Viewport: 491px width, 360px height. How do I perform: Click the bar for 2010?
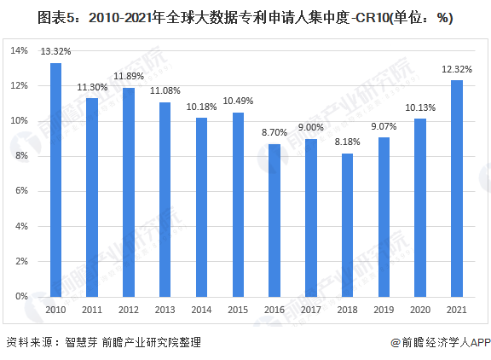tap(55, 180)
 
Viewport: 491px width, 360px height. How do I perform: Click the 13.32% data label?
tap(55, 52)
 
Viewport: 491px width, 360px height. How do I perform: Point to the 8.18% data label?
tap(347, 142)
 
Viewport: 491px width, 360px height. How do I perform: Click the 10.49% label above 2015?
tap(238, 102)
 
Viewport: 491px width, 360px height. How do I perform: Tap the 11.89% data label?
tap(129, 77)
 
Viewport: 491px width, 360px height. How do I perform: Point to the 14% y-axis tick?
tap(20, 51)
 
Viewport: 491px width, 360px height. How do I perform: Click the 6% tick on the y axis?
tap(22, 191)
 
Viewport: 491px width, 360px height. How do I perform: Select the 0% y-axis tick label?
tap(22, 296)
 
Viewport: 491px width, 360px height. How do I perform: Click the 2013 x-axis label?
tap(165, 310)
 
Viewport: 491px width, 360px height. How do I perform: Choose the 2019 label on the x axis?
tap(384, 310)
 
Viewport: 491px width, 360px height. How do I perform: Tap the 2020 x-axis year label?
tap(420, 310)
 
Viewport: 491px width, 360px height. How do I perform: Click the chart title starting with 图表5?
tap(245, 18)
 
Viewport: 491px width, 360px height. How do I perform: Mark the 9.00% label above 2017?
tap(311, 128)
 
